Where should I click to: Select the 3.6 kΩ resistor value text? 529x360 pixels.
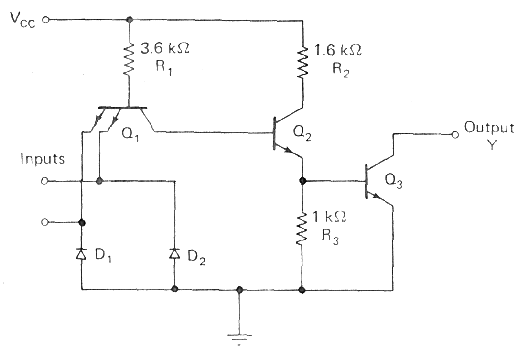coord(163,49)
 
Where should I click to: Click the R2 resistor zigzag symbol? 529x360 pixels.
coord(302,62)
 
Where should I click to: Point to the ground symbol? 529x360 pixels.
coord(239,338)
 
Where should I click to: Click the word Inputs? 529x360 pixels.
coord(43,159)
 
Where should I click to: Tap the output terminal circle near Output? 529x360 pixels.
coord(455,134)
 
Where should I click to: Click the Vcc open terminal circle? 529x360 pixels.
coord(45,20)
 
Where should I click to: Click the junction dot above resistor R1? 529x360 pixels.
coord(129,20)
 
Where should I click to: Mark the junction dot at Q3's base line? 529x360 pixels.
coord(302,181)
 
